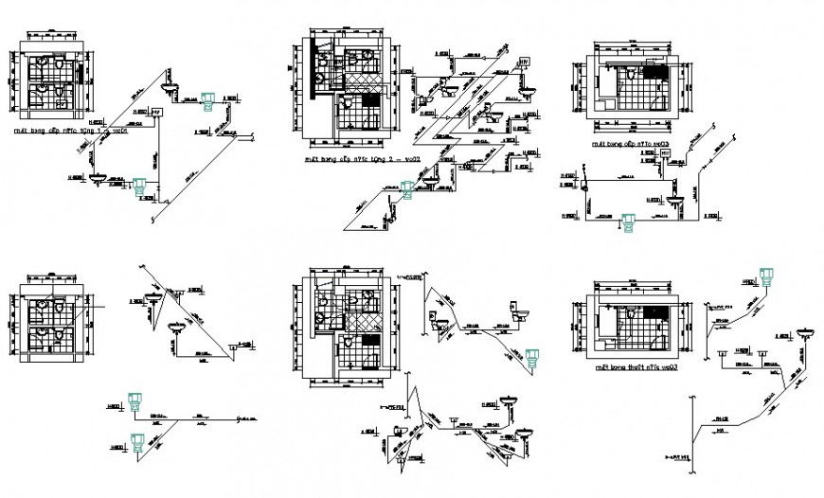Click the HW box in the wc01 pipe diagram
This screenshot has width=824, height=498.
(157, 113)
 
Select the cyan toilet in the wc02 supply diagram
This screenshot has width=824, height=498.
(407, 190)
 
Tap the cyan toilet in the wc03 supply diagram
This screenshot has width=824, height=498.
(626, 224)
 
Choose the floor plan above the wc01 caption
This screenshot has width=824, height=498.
(58, 82)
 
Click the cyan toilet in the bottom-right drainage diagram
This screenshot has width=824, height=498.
(765, 276)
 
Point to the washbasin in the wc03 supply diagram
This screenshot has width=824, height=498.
(674, 201)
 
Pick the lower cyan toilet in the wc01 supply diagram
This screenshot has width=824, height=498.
(142, 187)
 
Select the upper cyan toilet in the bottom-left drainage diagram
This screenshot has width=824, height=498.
(138, 401)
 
